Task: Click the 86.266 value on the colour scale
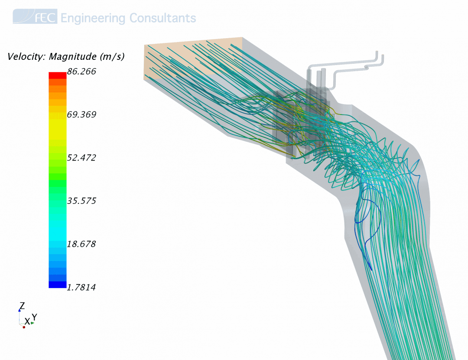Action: [x=81, y=72]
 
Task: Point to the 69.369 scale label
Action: [x=81, y=115]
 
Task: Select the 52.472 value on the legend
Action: [x=81, y=157]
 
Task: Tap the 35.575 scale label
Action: [x=81, y=201]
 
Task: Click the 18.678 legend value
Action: [x=81, y=244]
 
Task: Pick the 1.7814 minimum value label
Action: [x=81, y=288]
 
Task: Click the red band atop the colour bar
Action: [x=58, y=75]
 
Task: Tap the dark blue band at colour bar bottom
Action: [x=58, y=285]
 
